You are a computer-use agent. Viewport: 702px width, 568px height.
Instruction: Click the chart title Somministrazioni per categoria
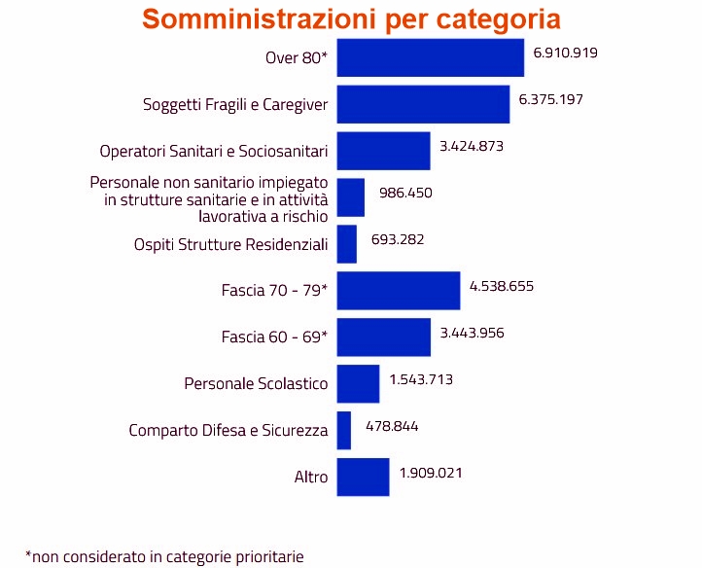(351, 19)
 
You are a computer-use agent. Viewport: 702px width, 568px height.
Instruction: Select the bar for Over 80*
(430, 57)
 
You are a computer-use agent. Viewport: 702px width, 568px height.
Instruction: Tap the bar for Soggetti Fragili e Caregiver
(423, 104)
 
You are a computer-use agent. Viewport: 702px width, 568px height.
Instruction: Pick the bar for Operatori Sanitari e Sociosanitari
(383, 151)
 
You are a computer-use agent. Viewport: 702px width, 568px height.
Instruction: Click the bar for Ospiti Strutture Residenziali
(346, 244)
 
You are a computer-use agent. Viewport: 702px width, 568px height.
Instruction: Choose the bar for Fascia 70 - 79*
(398, 291)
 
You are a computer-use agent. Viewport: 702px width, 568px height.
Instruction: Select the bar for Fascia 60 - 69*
(383, 337)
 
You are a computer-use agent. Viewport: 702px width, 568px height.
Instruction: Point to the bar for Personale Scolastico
(358, 384)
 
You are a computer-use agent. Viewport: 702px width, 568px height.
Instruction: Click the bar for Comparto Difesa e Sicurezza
(343, 430)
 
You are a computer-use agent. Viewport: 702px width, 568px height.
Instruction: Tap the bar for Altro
(363, 477)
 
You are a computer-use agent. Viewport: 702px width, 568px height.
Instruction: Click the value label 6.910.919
(565, 52)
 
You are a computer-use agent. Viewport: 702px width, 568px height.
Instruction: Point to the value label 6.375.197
(550, 98)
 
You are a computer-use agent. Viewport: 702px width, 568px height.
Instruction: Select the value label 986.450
(404, 193)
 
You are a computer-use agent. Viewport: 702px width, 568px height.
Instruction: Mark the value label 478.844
(392, 426)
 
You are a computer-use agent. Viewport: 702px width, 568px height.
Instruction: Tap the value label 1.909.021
(430, 473)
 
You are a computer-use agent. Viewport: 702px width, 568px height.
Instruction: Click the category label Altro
(311, 478)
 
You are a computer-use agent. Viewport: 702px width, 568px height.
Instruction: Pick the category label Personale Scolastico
(256, 384)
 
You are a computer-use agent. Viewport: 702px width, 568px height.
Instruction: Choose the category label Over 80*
(297, 57)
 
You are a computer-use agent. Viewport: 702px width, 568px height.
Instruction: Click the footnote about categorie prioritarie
(164, 556)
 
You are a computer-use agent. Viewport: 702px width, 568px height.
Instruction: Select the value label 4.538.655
(502, 286)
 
